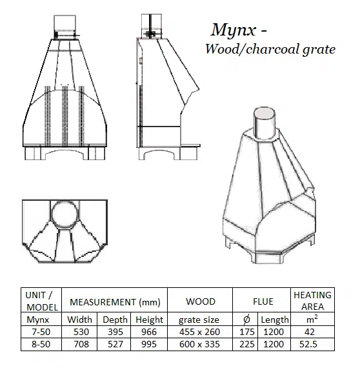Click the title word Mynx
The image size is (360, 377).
[234, 30]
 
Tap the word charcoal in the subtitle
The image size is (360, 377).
[272, 49]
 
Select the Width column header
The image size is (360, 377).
[79, 320]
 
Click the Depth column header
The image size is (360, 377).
[115, 320]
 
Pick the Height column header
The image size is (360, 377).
[149, 320]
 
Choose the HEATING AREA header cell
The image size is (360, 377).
[312, 301]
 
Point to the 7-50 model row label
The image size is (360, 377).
[41, 332]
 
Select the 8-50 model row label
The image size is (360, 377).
[41, 344]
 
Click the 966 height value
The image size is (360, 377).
[149, 332]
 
